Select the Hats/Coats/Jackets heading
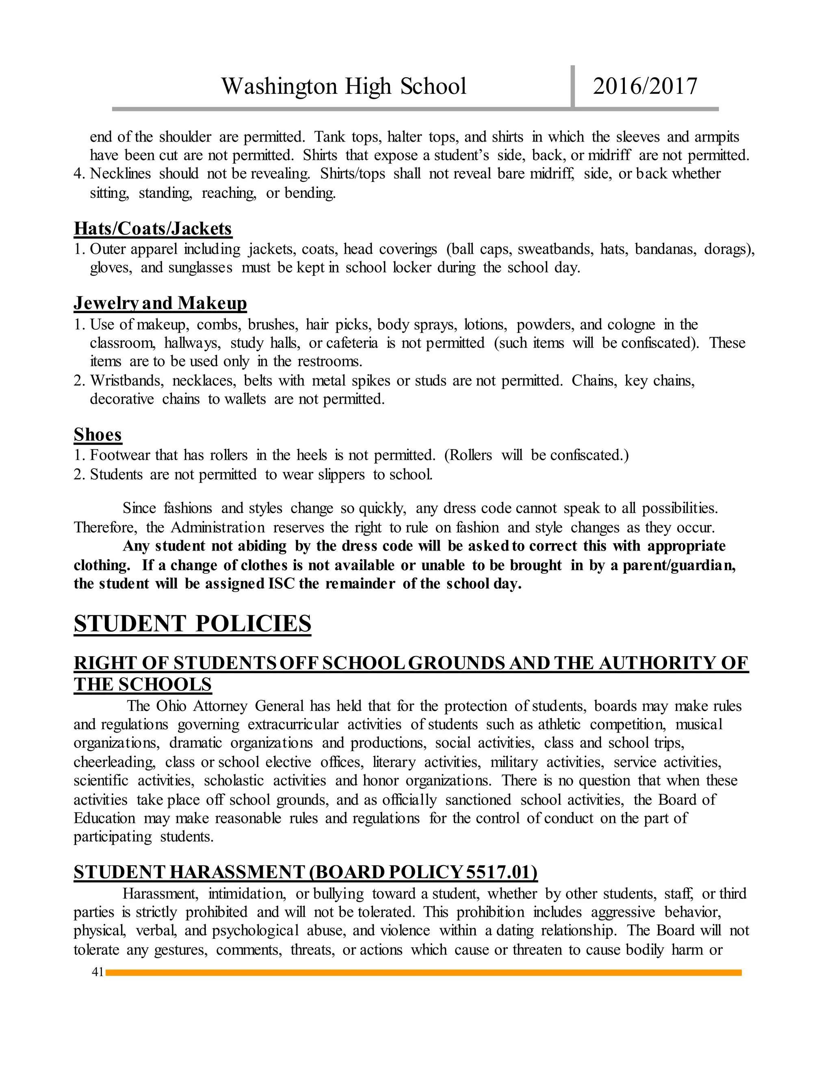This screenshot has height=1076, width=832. [x=153, y=229]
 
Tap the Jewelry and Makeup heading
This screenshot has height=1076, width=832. [x=160, y=303]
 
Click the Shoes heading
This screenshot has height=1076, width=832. [x=97, y=434]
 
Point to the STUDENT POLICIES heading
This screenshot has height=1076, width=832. [x=192, y=624]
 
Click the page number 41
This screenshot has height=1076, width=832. [x=97, y=972]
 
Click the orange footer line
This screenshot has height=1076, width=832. [x=424, y=972]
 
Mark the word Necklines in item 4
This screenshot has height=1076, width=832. [x=120, y=174]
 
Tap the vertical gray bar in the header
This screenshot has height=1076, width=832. [x=572, y=86]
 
